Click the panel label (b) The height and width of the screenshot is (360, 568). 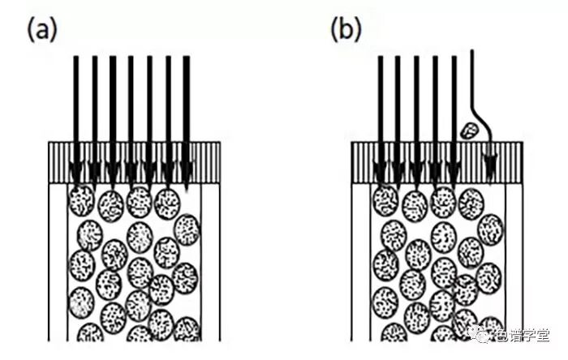pyautogui.click(x=346, y=30)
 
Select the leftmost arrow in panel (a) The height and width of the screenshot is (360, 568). pyautogui.click(x=75, y=105)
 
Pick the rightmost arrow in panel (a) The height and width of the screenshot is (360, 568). pyautogui.click(x=187, y=105)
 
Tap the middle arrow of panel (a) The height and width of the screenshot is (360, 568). pyautogui.click(x=131, y=105)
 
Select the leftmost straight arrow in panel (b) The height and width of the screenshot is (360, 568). pyautogui.click(x=380, y=105)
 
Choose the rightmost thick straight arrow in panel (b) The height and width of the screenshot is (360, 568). pyautogui.click(x=454, y=105)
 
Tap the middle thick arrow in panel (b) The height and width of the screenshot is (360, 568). pyautogui.click(x=416, y=105)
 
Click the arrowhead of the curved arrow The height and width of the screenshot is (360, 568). pyautogui.click(x=490, y=168)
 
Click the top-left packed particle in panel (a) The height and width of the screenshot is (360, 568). pyautogui.click(x=81, y=199)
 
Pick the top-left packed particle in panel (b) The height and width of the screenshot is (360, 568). pyautogui.click(x=385, y=199)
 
